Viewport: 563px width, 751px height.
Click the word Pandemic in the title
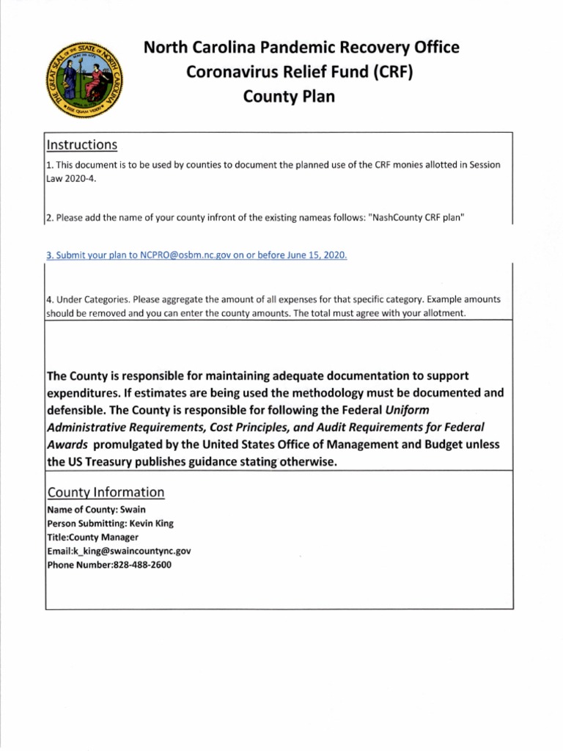pos(285,48)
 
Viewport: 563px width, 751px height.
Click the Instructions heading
pos(81,144)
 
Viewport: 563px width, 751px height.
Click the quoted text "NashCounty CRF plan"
pos(419,218)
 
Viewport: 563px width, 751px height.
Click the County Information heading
pos(106,491)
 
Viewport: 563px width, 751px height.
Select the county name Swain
pos(142,509)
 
